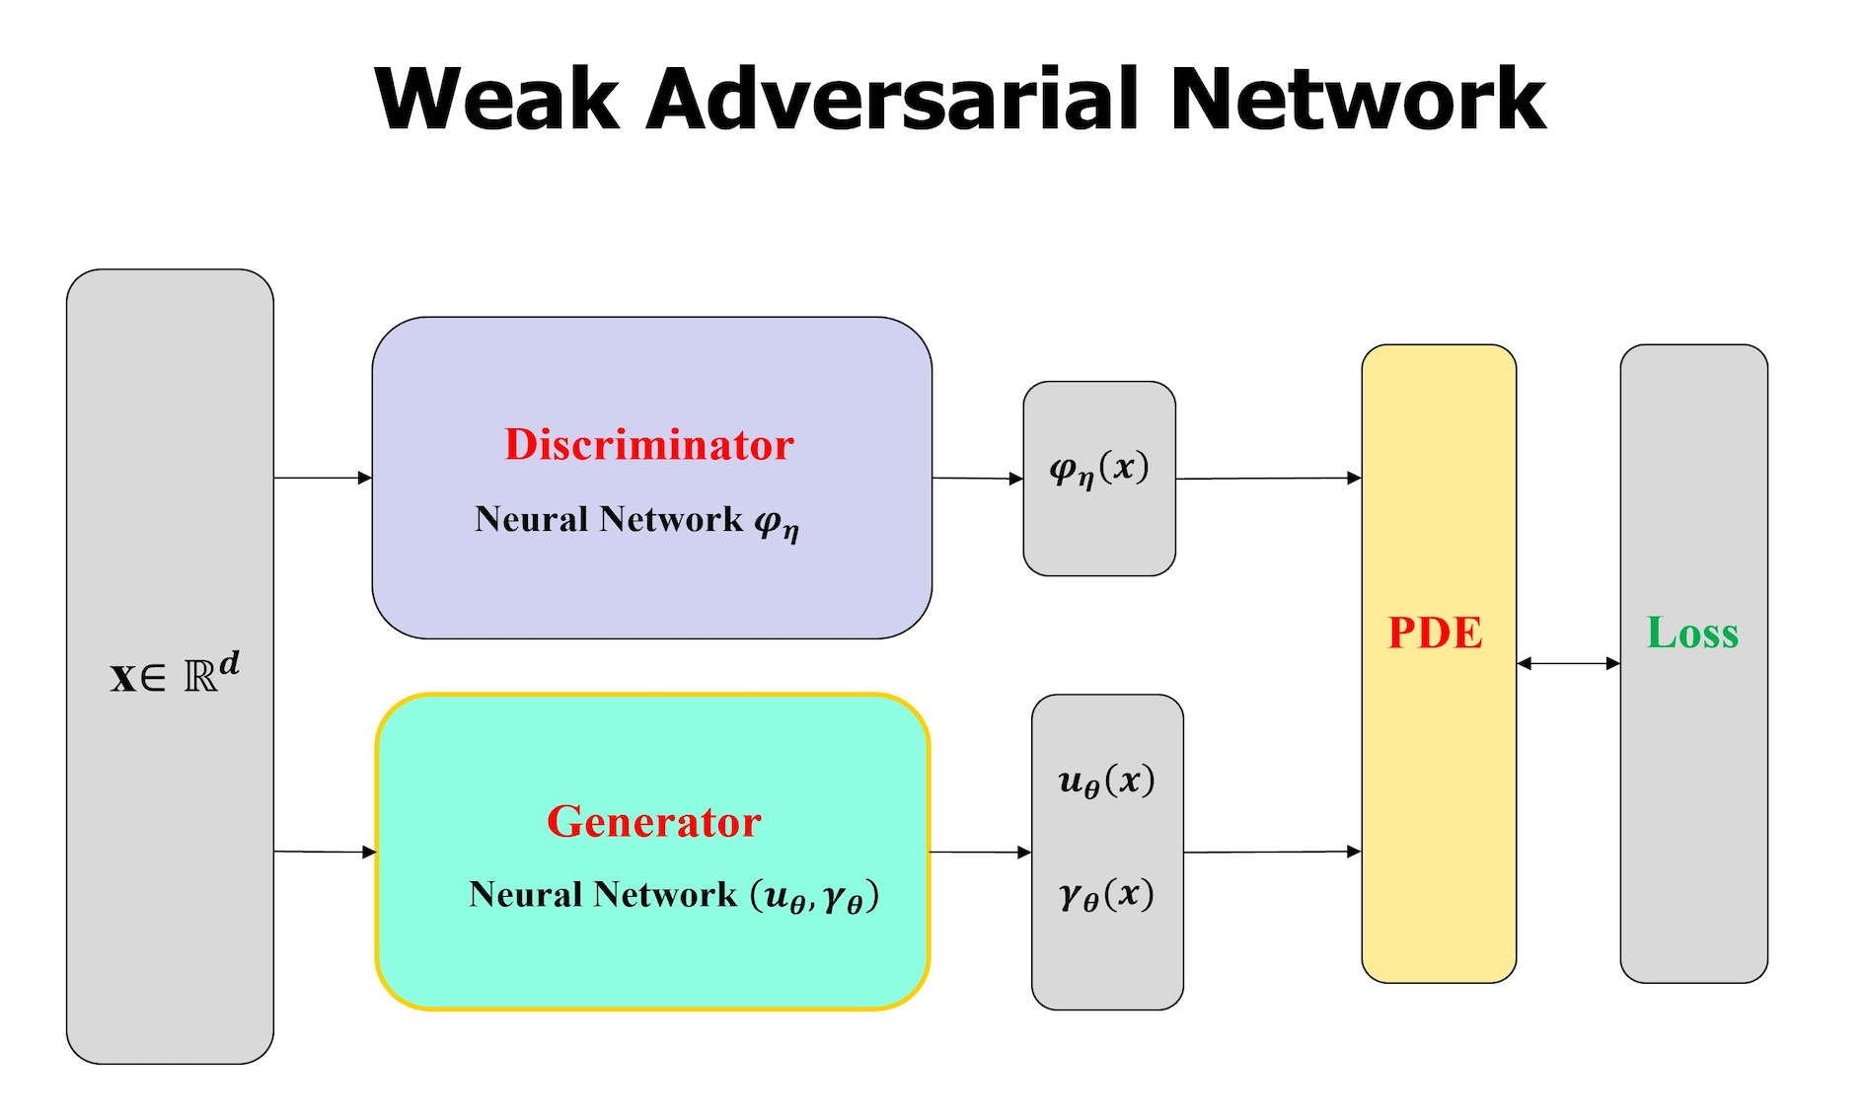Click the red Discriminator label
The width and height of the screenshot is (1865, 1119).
click(649, 444)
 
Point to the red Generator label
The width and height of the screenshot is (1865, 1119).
click(654, 821)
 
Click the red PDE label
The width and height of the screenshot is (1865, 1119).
click(1435, 633)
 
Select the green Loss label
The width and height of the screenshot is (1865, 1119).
click(1692, 633)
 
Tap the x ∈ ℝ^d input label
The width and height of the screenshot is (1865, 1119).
click(175, 674)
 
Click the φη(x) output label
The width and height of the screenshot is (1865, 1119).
click(1099, 469)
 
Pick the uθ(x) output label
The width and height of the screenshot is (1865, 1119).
click(1106, 782)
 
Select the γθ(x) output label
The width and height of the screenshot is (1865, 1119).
click(1106, 895)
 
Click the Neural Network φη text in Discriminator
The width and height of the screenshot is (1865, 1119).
click(636, 521)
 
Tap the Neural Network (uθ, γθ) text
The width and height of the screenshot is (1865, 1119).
click(674, 896)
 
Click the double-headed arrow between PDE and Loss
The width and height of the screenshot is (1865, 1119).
click(1568, 663)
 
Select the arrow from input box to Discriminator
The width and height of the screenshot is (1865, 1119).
click(323, 478)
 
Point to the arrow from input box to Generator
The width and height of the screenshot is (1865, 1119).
click(325, 852)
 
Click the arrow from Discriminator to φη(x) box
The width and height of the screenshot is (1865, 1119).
click(978, 479)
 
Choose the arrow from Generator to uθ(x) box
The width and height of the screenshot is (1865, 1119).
click(980, 852)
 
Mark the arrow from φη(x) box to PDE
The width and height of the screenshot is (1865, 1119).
click(1269, 479)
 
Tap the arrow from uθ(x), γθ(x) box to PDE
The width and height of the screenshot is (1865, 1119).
click(1273, 852)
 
